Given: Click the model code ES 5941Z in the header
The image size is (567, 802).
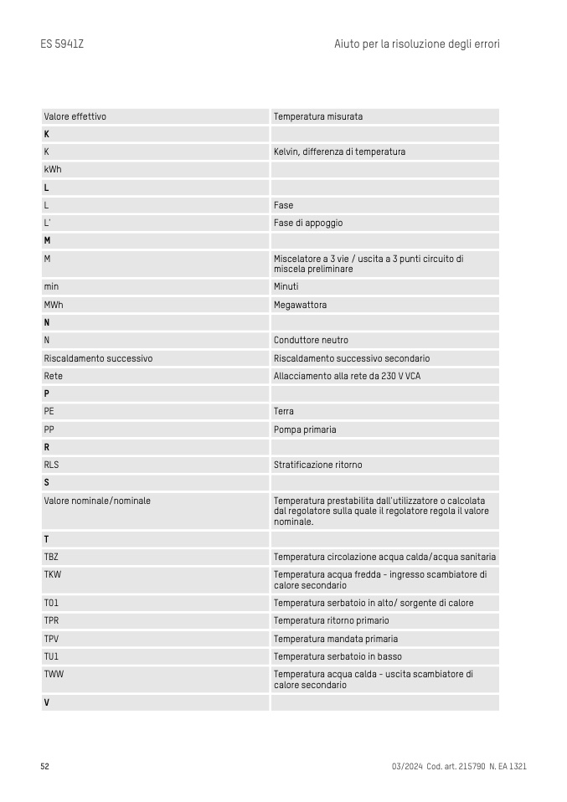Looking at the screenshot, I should tap(62, 44).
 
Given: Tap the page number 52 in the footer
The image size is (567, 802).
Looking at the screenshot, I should tap(45, 766).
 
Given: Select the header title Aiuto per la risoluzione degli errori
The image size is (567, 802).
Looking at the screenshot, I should tap(416, 44).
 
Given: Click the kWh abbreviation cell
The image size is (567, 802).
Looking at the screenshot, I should tap(53, 169).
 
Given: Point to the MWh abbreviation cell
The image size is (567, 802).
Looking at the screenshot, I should tap(54, 305).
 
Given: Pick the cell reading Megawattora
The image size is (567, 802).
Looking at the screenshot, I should tap(300, 305).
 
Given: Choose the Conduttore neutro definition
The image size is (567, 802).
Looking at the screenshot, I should tap(311, 340).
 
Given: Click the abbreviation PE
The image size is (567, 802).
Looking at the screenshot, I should tap(49, 411).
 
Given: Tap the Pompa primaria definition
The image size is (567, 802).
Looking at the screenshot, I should tap(305, 429).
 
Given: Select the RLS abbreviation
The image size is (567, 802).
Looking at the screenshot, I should tap(52, 465).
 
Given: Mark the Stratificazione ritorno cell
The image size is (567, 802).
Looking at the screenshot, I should tap(317, 465).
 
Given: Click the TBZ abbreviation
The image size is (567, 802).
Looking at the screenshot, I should tap(52, 557).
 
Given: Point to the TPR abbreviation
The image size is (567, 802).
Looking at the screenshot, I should tap(52, 620).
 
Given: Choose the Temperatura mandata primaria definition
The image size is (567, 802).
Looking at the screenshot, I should tap(336, 639).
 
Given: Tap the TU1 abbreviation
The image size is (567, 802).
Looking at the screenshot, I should tap(52, 656).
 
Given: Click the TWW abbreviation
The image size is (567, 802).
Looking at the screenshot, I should tap(54, 674).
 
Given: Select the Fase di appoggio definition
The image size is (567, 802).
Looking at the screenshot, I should tap(308, 223).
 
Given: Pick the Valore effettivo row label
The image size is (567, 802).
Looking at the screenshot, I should tap(75, 116).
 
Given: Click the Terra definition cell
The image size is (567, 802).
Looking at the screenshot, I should tap(284, 411).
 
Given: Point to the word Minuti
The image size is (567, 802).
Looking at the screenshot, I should tap(286, 286).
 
